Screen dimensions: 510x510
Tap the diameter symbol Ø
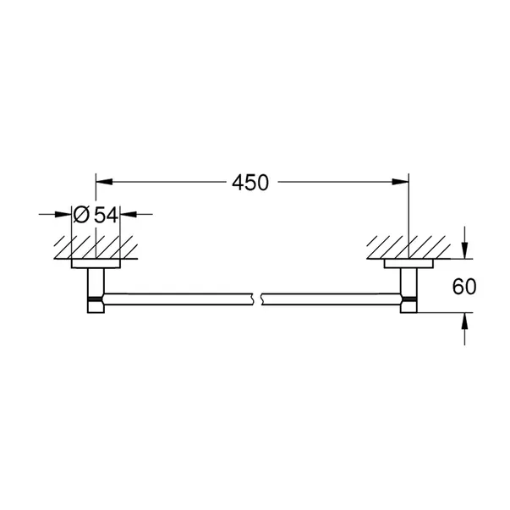tap(82, 215)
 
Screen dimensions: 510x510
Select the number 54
tap(105, 215)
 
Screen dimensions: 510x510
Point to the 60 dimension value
tap(464, 287)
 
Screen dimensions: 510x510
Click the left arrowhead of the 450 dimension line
tap(102, 181)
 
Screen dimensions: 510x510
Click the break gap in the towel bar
tap(260, 298)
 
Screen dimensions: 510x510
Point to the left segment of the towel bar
tap(178, 298)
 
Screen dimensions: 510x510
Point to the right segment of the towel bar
tap(330, 298)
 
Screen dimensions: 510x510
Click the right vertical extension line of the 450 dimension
tap(409, 211)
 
